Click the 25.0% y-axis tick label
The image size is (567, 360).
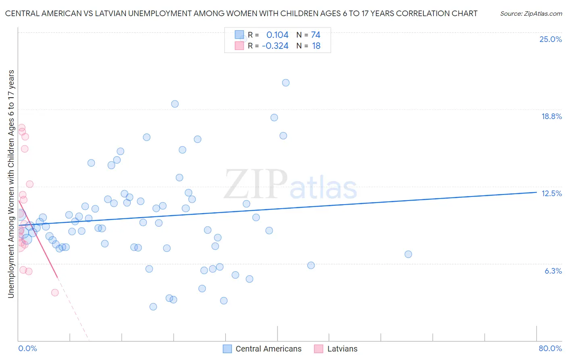550,39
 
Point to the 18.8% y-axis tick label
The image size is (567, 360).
551,116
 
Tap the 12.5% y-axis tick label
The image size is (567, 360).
551,193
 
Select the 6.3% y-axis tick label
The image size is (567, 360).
553,271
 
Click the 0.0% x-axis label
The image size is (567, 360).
27,348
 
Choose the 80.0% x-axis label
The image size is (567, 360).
550,348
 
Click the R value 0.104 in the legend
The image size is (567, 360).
277,35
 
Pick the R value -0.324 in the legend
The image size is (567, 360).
275,46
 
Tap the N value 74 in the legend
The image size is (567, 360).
316,35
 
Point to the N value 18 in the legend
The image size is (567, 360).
316,46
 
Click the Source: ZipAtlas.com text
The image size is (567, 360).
531,14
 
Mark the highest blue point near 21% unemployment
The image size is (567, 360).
286,83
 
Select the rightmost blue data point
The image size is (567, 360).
408,254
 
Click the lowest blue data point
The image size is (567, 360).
153,307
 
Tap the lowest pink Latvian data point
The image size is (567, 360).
55,293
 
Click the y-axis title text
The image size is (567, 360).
11,184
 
